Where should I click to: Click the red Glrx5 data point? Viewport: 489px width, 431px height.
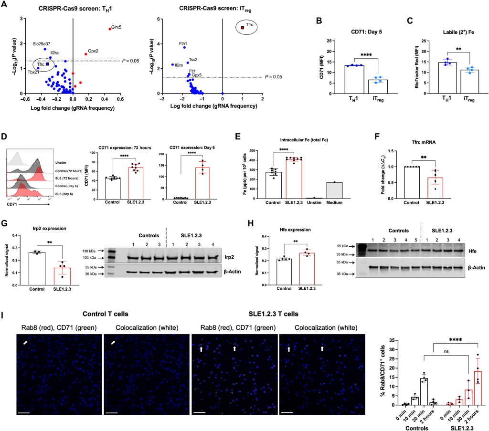(110, 29)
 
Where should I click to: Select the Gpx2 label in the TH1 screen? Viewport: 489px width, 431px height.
(92, 51)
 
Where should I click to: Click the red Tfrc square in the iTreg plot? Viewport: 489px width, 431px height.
(243, 28)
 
